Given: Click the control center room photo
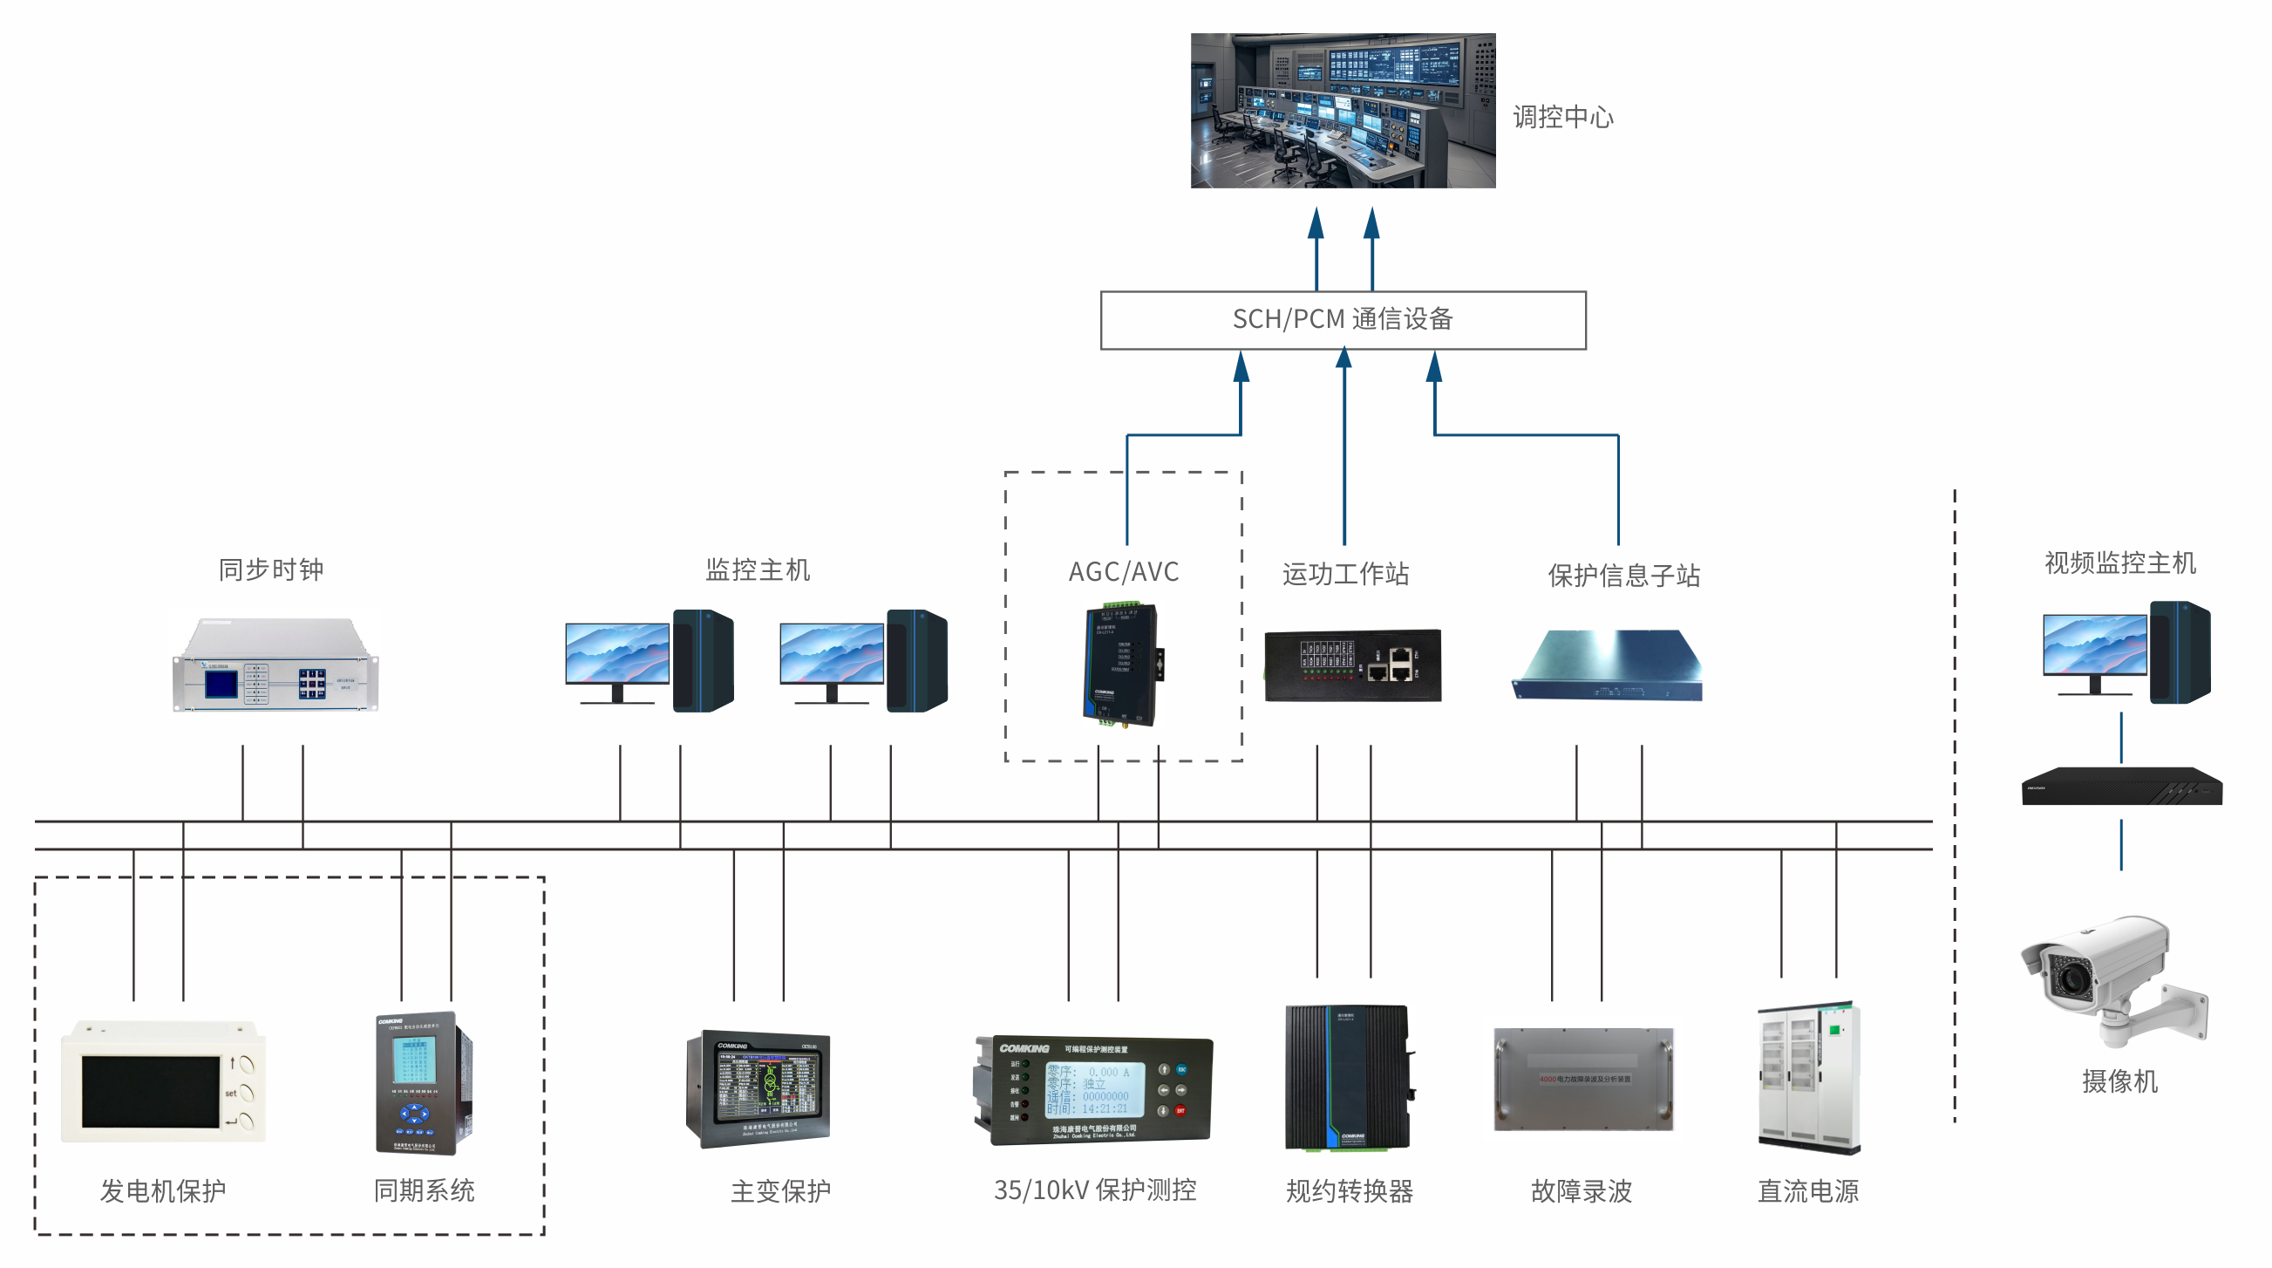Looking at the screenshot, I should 1342,110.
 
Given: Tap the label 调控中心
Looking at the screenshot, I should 1562,118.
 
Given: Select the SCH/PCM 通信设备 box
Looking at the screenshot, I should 1342,319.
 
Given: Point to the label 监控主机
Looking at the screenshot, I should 757,570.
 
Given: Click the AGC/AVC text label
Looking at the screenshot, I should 1123,572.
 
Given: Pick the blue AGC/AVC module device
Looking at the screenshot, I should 1121,664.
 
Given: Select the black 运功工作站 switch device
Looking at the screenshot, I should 1351,665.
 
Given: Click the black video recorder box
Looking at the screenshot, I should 2121,787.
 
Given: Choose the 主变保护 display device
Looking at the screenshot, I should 758,1088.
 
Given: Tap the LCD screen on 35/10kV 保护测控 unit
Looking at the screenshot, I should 1093,1090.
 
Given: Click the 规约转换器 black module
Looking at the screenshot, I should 1346,1077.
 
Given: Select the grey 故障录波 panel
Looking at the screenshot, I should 1582,1078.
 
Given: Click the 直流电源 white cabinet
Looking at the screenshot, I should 1808,1077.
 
